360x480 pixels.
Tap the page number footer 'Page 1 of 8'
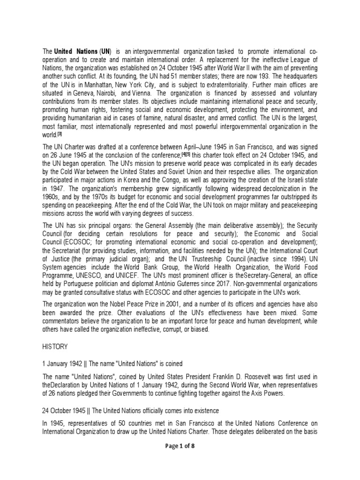(180, 446)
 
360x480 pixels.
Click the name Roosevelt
(232, 376)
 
